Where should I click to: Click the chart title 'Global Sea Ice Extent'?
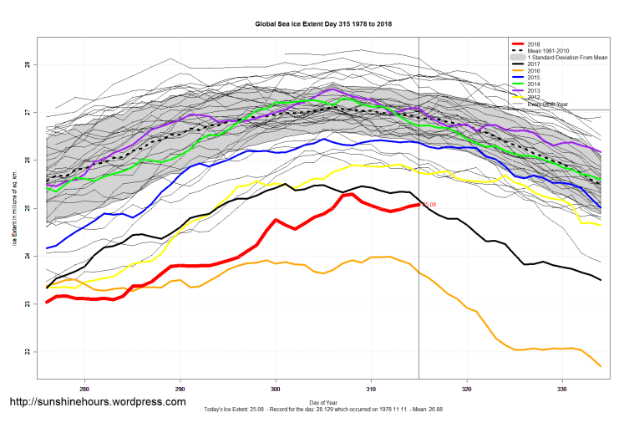point(323,24)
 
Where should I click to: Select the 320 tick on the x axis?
point(467,390)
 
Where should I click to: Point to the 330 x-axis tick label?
point(563,390)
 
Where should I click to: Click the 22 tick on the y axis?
point(28,352)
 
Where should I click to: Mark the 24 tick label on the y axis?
point(28,256)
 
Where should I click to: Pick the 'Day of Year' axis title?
point(324,403)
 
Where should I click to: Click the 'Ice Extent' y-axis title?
point(14,209)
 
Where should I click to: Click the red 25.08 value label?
point(429,204)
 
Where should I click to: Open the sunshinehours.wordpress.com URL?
point(97,402)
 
